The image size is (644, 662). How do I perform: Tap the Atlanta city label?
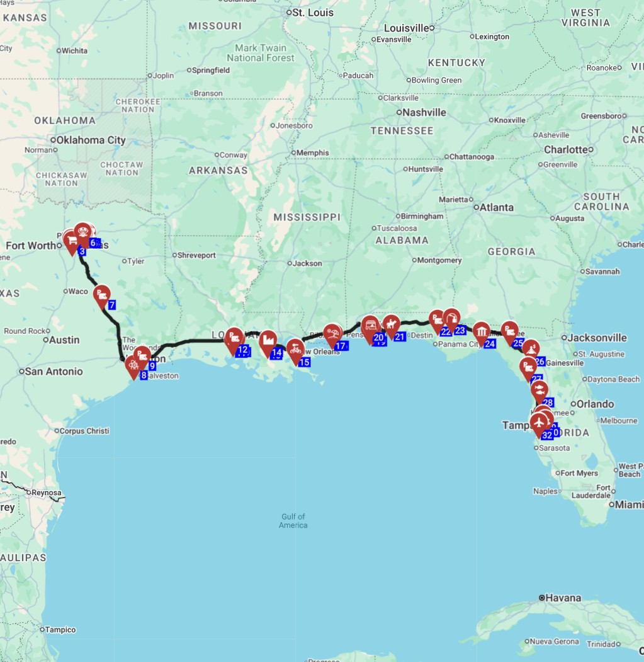pos(497,207)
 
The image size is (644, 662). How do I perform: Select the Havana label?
pos(564,597)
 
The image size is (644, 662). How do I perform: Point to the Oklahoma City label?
pos(91,140)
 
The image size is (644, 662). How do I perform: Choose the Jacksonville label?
pos(597,338)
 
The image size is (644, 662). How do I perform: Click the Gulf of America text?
pos(293,521)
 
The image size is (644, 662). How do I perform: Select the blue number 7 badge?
pos(111,305)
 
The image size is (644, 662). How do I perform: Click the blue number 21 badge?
pos(400,336)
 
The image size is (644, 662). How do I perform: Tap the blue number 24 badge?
pos(490,344)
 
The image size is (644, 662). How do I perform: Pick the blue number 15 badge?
pos(304,362)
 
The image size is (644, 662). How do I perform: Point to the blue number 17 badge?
pos(341,346)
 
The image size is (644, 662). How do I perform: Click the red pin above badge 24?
pos(482,332)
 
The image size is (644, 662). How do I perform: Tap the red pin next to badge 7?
pos(101,295)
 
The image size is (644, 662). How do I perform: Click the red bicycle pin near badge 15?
pos(295,350)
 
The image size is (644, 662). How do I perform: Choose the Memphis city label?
pos(313,153)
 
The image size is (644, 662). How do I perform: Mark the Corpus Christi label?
pos(84,431)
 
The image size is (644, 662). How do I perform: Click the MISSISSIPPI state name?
pos(307,217)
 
